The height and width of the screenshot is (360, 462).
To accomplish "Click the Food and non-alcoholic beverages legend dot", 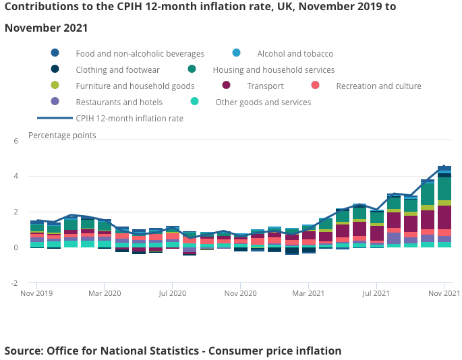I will click(55, 53).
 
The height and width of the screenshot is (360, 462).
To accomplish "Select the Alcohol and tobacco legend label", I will click(295, 53).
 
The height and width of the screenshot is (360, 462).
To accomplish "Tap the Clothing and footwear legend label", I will click(117, 69).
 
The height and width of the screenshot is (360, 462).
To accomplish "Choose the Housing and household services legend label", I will click(273, 69).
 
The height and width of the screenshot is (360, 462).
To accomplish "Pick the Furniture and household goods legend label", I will click(135, 86).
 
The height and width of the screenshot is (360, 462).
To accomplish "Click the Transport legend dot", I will click(226, 86).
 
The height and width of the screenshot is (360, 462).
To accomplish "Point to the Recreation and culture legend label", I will click(378, 86).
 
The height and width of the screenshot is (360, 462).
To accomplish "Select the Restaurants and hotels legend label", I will click(119, 102).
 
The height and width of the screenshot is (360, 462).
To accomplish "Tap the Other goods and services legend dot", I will click(194, 102).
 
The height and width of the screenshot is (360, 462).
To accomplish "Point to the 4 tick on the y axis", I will click(16, 177).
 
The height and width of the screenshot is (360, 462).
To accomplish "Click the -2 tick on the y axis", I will click(15, 283).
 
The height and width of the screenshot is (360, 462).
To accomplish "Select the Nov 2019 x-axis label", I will click(36, 294).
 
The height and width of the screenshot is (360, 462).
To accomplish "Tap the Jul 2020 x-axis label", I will click(173, 294).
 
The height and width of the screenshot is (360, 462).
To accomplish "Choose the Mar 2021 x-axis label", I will click(308, 294).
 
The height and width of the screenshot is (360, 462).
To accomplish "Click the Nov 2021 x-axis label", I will click(444, 294).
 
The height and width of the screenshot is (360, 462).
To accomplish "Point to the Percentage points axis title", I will click(62, 135).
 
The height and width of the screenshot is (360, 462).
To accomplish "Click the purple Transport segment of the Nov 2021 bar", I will click(444, 218).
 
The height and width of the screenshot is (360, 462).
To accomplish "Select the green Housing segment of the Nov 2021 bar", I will click(444, 189).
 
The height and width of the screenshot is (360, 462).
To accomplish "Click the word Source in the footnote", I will click(23, 351).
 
